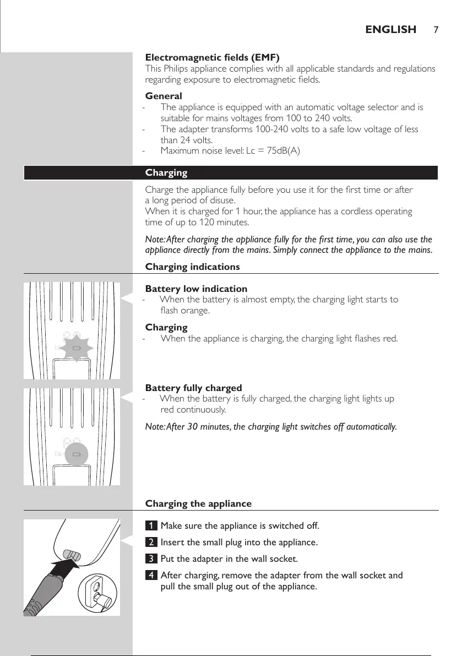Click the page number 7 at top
click(x=435, y=30)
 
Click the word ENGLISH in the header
click(x=390, y=30)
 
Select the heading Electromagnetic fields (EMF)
click(x=212, y=57)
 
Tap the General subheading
click(x=164, y=96)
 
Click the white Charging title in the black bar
click(x=166, y=173)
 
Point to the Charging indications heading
click(x=192, y=267)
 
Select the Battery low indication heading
click(x=196, y=289)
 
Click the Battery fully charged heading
click(x=193, y=388)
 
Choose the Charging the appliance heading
click(x=198, y=503)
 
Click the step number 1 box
click(x=151, y=526)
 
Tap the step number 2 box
click(x=151, y=543)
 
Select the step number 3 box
click(x=151, y=559)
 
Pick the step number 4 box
click(x=151, y=576)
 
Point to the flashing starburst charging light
click(x=77, y=349)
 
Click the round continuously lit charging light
click(x=77, y=454)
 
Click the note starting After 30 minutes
click(x=270, y=427)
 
